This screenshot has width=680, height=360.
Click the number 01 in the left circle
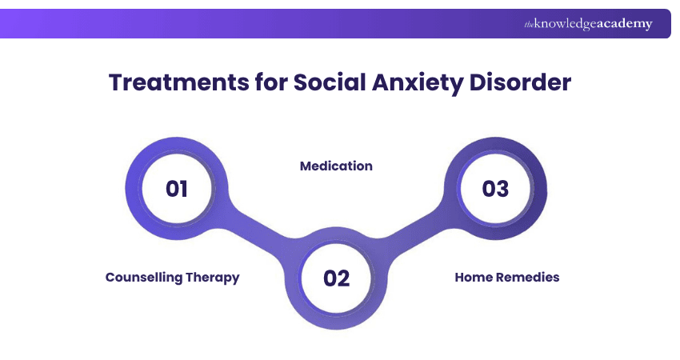176,189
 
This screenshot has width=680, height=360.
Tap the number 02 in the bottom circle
337,278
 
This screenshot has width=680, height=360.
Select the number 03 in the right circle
495,189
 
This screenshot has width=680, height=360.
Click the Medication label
336,166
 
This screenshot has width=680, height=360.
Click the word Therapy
212,277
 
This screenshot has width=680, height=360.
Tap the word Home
472,277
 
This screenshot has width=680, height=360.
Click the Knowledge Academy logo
588,24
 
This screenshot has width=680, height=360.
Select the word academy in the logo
625,24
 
